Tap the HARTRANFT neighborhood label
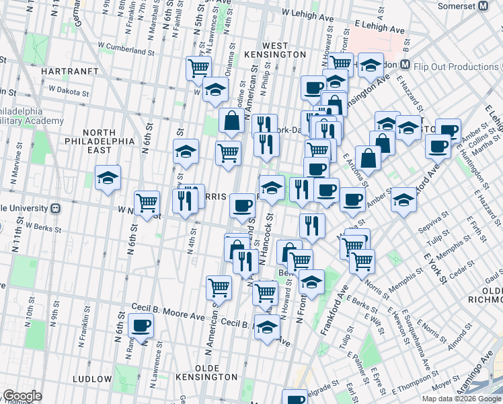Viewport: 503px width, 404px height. [x=70, y=71]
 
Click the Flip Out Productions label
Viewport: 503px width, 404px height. [x=457, y=66]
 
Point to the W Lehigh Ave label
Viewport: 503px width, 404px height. [x=308, y=13]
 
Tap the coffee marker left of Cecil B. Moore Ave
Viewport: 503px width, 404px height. [x=141, y=326]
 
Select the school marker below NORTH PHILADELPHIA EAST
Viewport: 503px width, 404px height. [x=108, y=178]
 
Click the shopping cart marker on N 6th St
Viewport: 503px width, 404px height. [x=147, y=202]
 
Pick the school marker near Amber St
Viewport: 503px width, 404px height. [x=403, y=200]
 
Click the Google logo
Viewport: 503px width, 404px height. [x=22, y=396]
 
